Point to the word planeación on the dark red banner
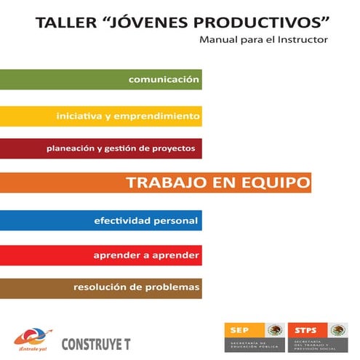[x=73, y=148]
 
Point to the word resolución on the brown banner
[x=102, y=287]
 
